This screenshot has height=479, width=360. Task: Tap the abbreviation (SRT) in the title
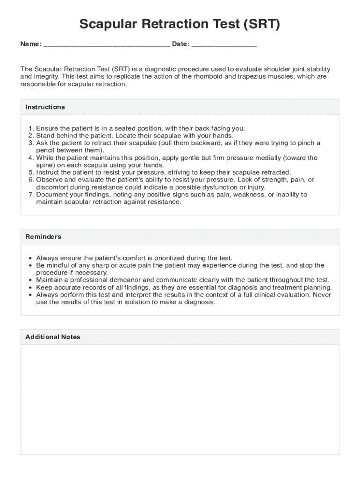coord(260,24)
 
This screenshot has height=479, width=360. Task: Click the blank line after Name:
coord(107,45)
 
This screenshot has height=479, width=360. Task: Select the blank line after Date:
coord(224,45)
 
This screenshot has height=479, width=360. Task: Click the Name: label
coord(31,44)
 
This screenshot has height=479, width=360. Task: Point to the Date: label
coord(181,44)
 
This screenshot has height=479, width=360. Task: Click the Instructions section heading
coord(45,107)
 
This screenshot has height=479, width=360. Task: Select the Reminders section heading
coord(43,237)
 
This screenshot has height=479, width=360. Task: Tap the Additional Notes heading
coord(53,337)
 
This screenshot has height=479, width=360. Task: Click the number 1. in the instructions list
coord(31,128)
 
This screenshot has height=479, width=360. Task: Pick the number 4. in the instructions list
coord(31,158)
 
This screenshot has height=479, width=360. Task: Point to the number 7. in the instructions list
coord(31,195)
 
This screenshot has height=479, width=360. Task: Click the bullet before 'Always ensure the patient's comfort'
coord(30,258)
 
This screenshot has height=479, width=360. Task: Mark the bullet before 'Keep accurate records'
coord(30,288)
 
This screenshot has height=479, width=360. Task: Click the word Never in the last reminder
coord(322,295)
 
